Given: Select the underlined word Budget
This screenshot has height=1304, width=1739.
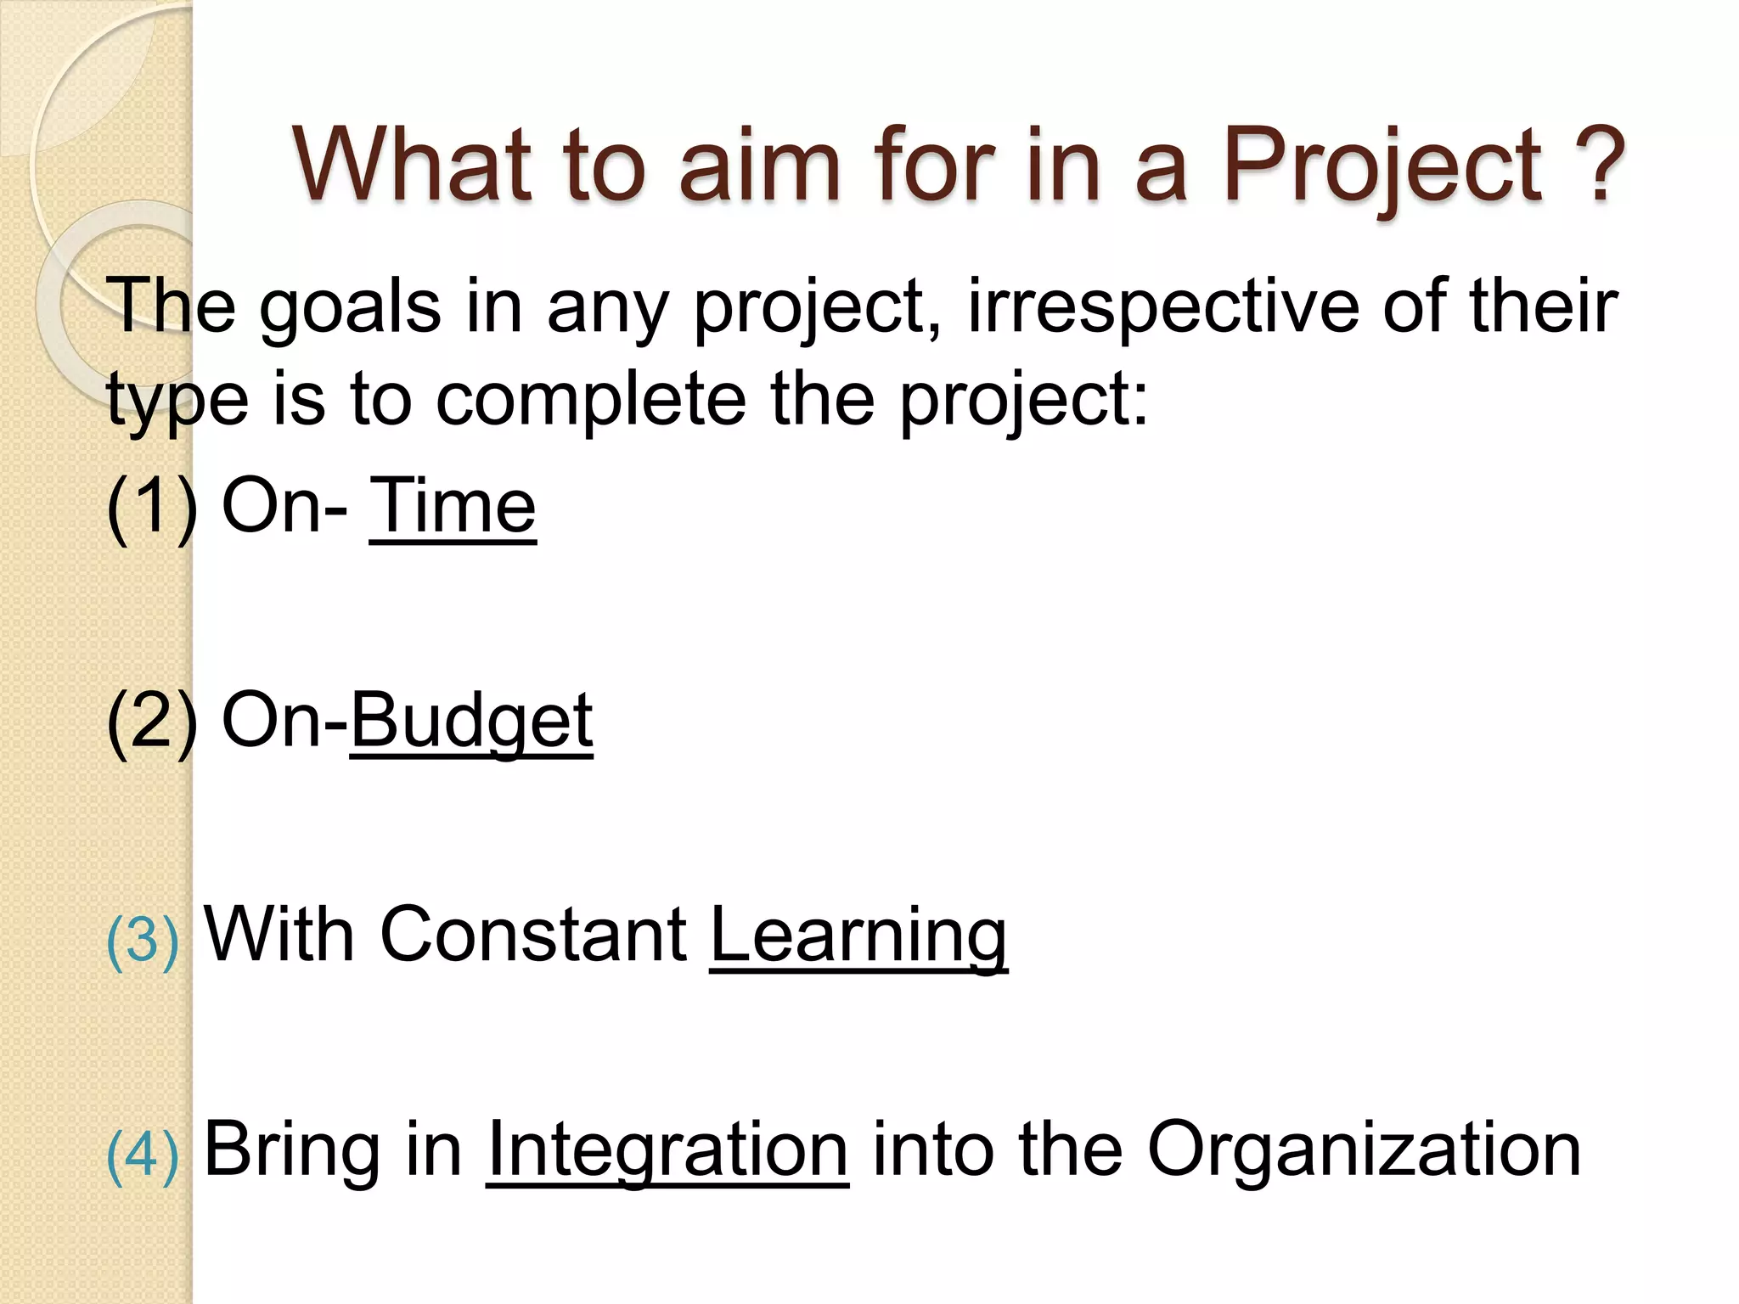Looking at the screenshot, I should [471, 722].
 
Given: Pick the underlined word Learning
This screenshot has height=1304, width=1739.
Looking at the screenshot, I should [858, 936].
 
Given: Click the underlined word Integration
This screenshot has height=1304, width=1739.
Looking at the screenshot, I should [667, 1150].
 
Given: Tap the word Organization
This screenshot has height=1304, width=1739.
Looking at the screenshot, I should [1364, 1150].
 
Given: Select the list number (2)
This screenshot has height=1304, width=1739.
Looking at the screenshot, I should [151, 722].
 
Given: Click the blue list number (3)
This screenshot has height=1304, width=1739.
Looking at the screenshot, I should [143, 941].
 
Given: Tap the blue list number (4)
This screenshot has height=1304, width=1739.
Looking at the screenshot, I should [143, 1155].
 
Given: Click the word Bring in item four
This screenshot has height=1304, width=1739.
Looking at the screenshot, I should [291, 1150].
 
